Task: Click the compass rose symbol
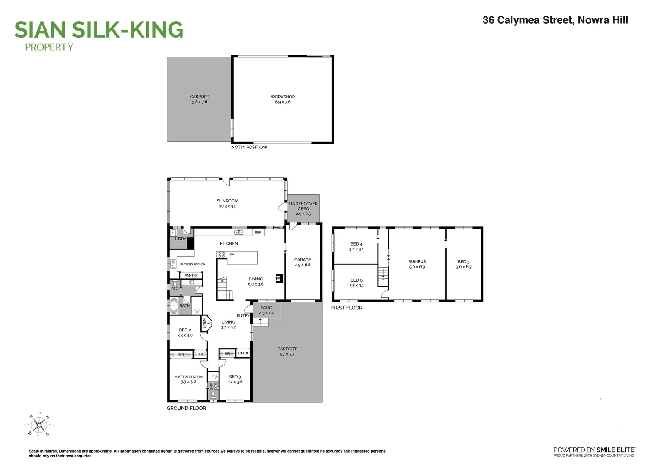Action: click(x=39, y=425)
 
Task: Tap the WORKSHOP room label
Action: click(x=283, y=97)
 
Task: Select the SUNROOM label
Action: click(x=227, y=201)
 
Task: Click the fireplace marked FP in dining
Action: click(x=278, y=279)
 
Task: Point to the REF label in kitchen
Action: click(x=258, y=233)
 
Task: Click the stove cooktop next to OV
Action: click(x=221, y=255)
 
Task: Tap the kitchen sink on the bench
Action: click(x=239, y=233)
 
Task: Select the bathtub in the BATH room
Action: click(x=174, y=305)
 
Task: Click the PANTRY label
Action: click(x=191, y=275)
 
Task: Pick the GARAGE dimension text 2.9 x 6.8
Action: click(x=303, y=265)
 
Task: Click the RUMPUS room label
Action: click(x=417, y=261)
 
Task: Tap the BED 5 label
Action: click(x=464, y=261)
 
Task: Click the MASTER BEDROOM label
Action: click(x=188, y=377)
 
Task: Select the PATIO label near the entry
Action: click(x=266, y=308)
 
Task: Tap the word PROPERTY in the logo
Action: click(x=49, y=47)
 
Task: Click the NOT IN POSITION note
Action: click(x=249, y=148)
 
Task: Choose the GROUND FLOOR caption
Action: click(x=186, y=408)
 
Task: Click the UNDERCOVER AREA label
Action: click(x=303, y=206)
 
